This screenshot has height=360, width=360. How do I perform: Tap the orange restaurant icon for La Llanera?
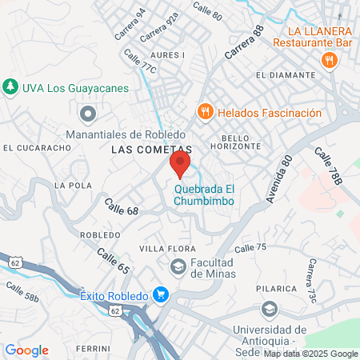point(328,60)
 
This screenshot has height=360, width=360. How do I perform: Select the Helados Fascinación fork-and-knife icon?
point(206,112)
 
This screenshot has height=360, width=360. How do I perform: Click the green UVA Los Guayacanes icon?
point(10,86)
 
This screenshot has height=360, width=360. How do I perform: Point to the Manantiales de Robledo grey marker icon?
point(88,114)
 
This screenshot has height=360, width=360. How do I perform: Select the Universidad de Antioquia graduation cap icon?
point(270,308)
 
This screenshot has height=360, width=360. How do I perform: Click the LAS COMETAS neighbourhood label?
point(151,150)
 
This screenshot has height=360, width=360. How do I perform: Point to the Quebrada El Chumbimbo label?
point(204,195)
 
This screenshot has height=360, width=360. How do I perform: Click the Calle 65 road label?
point(113,262)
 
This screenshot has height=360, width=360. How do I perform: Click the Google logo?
point(26,350)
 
